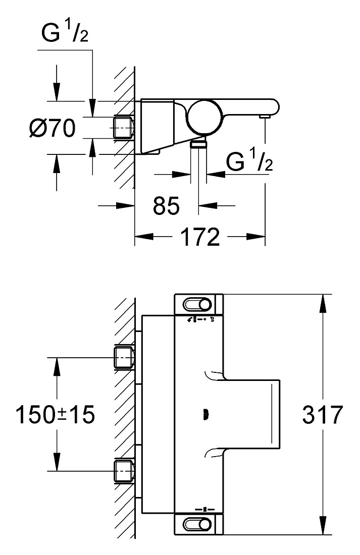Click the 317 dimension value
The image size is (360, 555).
click(323, 414)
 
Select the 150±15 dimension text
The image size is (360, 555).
click(55, 414)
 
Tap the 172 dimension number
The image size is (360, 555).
click(200, 237)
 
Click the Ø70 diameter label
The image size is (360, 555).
click(53, 128)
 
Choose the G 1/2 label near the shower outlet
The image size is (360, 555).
click(249, 161)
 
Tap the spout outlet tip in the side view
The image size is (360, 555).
click(265, 117)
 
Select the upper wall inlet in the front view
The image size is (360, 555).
click(124, 358)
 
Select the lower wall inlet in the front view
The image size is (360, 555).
click(124, 470)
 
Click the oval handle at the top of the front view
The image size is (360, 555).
click(197, 304)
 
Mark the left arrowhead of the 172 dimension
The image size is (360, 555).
click(143, 237)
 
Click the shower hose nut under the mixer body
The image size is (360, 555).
click(198, 144)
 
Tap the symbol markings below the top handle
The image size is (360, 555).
click(200, 319)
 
